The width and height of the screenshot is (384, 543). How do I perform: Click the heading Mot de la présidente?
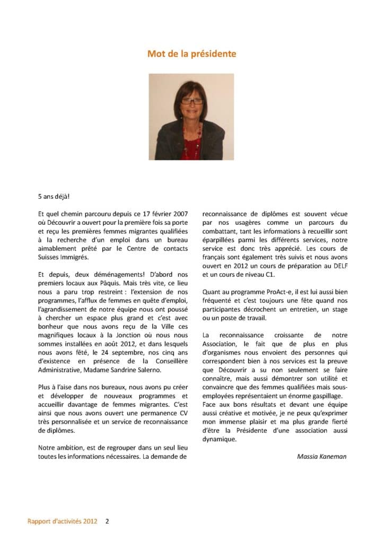pyautogui.click(x=191, y=54)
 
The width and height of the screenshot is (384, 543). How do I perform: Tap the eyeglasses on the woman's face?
pyautogui.click(x=191, y=101)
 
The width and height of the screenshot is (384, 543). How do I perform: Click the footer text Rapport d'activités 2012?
pyautogui.click(x=63, y=521)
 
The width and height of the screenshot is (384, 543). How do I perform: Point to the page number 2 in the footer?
pyautogui.click(x=107, y=521)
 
